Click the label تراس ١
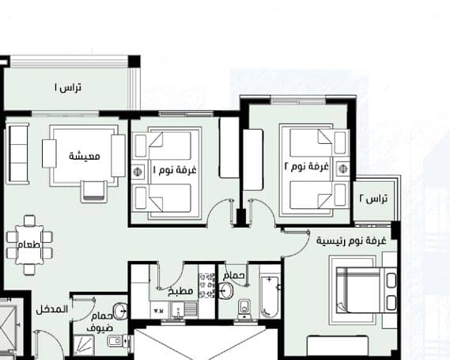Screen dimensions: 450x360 [x=68, y=88]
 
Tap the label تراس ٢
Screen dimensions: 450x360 [x=373, y=199]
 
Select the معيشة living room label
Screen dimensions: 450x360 [x=85, y=156]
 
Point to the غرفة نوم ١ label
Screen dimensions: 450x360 [x=175, y=169]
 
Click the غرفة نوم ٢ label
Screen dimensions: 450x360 [x=307, y=167]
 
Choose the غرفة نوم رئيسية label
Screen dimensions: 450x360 [x=351, y=241]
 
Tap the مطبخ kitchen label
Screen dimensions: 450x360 [x=181, y=291]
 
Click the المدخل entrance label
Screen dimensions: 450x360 [x=52, y=310]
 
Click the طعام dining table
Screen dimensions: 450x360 [x=29, y=245]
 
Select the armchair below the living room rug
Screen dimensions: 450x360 [x=94, y=191]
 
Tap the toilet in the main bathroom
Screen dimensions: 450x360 [x=244, y=309]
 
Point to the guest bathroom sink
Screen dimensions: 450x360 [x=119, y=311]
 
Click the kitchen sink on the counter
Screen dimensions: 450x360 [x=179, y=310]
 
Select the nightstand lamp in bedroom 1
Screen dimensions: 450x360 [x=138, y=172]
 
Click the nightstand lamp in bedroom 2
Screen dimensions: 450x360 [x=342, y=169]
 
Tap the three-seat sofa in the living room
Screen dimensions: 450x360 [x=17, y=153]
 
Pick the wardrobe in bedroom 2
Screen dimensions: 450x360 [x=253, y=160]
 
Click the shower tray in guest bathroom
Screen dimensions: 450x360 [x=83, y=345]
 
